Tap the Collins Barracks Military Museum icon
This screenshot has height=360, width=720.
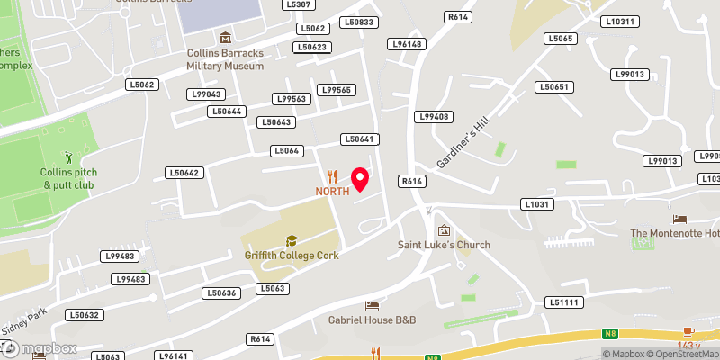[x=225, y=37]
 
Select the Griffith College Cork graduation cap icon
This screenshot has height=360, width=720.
[x=291, y=240]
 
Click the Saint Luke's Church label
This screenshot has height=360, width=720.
[x=445, y=245]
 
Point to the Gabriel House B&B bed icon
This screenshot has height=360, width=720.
[x=372, y=307]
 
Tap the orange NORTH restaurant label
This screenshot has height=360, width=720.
[x=331, y=191]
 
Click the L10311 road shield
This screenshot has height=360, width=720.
[x=620, y=22]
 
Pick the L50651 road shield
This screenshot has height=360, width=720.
[x=553, y=87]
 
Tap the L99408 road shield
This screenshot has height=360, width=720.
[x=434, y=117]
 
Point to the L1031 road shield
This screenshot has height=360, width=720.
[x=536, y=205]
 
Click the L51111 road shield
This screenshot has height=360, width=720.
[x=564, y=302]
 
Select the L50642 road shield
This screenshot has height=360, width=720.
[x=184, y=172]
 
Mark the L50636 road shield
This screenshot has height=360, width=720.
[x=220, y=292]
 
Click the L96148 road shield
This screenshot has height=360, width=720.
[x=405, y=43]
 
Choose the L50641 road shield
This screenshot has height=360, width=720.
[x=357, y=139]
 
